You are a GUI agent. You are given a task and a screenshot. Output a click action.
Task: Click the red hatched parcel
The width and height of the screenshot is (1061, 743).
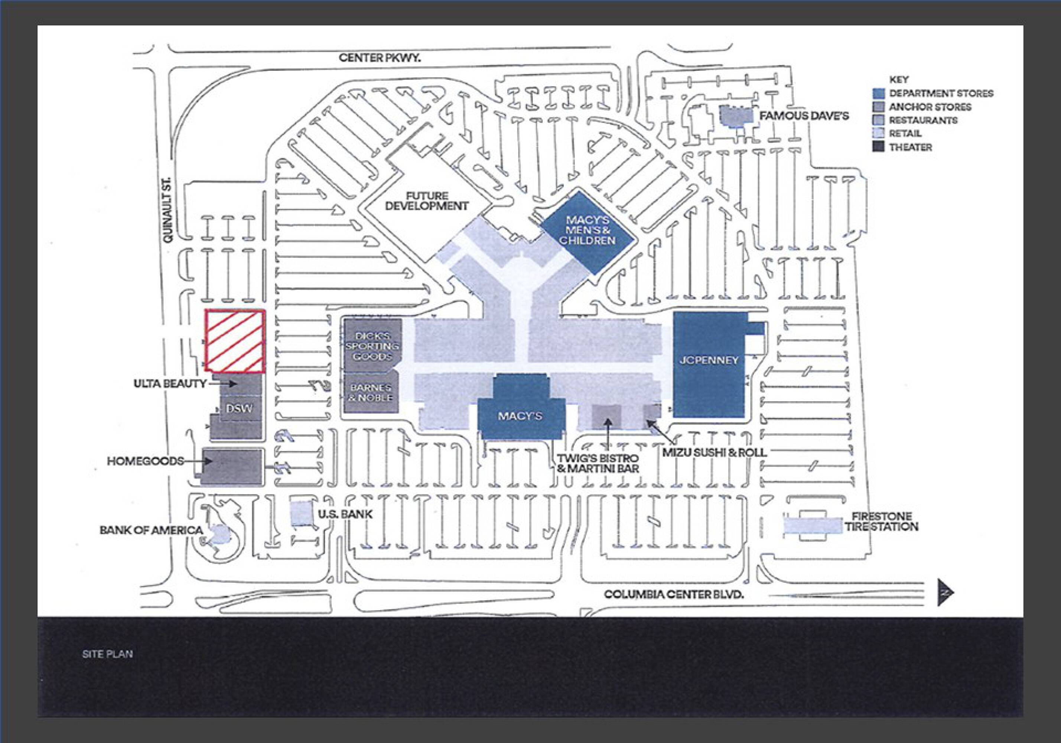235,341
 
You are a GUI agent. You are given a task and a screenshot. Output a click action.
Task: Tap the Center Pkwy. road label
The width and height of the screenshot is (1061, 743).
380,58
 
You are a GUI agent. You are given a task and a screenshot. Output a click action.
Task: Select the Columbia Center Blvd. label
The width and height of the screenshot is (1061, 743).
674,594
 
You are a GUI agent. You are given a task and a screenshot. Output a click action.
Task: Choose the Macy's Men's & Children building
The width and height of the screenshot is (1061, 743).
588,231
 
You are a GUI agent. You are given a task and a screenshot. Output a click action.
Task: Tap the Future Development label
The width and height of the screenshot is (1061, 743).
427,201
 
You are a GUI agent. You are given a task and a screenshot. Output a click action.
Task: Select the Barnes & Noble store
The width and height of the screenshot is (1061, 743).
371,393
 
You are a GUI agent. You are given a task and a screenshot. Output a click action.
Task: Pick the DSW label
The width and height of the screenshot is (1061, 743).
240,409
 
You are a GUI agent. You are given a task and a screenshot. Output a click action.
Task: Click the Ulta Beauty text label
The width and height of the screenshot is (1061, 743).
170,384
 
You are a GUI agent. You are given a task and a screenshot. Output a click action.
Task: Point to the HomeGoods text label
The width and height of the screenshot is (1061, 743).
146,461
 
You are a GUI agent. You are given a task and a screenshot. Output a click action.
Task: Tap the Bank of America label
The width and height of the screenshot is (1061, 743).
151,531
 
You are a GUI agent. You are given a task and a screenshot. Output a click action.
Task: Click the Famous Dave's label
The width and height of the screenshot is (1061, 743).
804,116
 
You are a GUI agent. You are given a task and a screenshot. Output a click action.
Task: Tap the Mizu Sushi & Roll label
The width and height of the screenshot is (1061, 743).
715,452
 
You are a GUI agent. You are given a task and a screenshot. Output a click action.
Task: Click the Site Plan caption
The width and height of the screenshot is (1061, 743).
107,654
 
